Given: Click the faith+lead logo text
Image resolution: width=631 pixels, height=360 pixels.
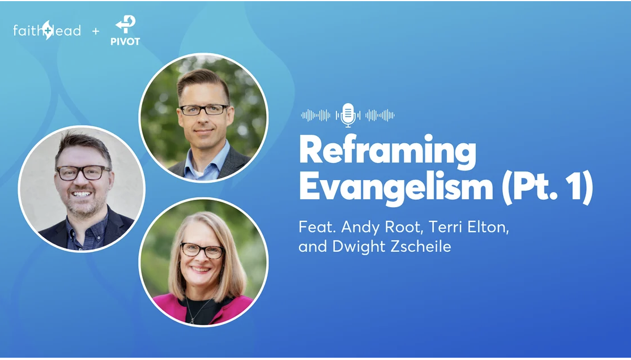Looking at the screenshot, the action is coord(46,30).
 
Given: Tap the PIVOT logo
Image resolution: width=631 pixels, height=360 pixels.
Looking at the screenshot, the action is coord(125,31).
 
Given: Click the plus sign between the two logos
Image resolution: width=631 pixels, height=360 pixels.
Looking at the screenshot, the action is coord(95,31).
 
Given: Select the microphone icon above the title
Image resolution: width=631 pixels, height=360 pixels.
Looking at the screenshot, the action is coord(348,115).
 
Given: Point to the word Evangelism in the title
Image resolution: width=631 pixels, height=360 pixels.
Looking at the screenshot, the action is coord(396,187).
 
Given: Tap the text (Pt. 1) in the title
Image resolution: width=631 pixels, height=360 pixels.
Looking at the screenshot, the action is coord(547,187).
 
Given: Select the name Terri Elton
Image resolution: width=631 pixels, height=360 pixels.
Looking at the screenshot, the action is coord(469,227).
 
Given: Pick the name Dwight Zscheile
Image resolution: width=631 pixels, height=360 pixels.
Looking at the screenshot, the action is coord(391,246).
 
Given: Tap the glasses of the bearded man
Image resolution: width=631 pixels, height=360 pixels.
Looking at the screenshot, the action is coord(83,173).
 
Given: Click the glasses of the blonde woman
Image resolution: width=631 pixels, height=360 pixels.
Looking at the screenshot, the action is coord(202,250).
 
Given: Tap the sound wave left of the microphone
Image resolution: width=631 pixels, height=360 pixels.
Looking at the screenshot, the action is coord(315,115).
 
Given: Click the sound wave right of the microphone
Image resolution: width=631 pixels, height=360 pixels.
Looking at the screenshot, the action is coord(380,115).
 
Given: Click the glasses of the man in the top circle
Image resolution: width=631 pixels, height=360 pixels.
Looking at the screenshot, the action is coord(204,109).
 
